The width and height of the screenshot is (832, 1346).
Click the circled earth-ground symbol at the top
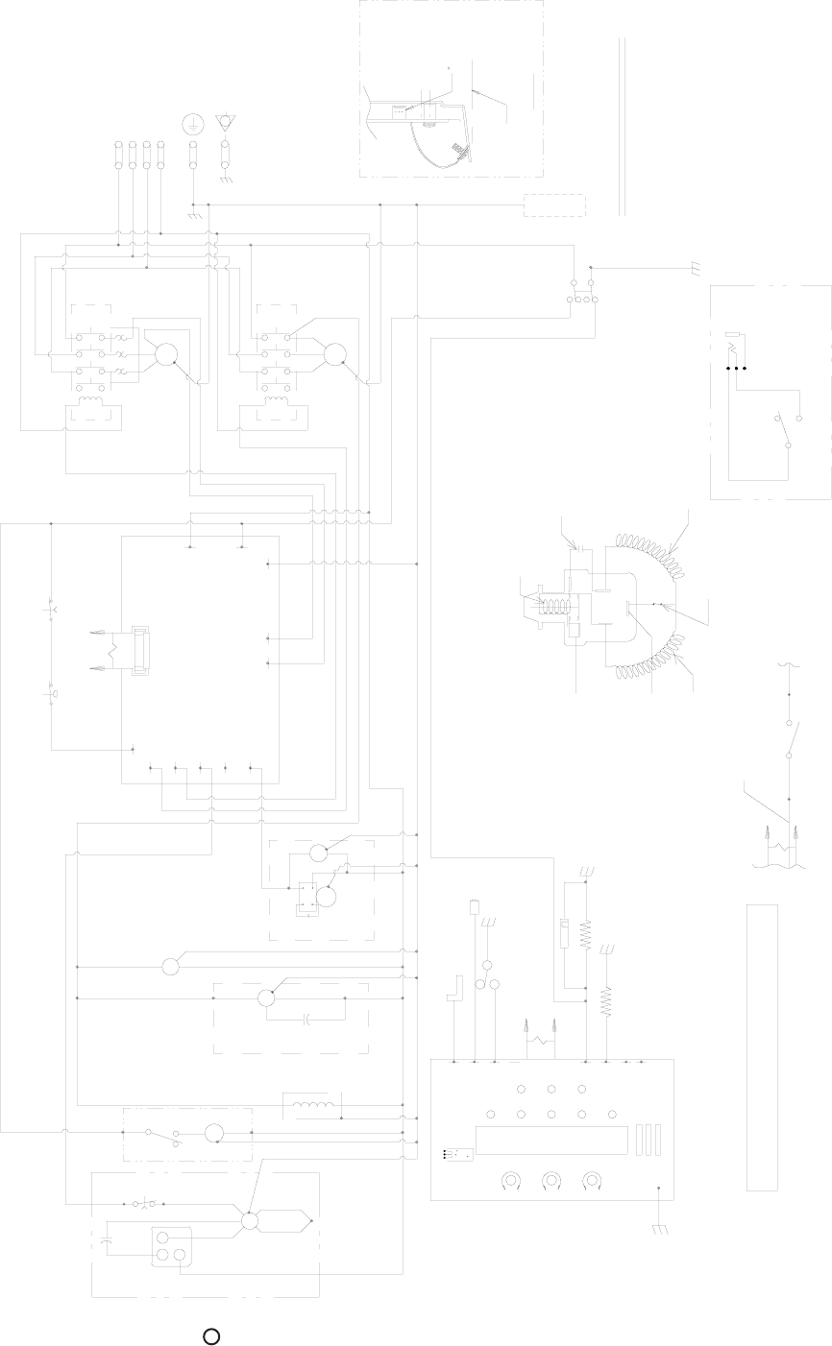click(193, 123)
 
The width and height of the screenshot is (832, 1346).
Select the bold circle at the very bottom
click(211, 1336)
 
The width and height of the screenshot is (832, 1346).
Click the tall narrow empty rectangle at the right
click(762, 1046)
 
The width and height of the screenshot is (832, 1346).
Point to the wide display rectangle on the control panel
click(552, 1140)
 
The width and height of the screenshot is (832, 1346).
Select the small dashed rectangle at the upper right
click(554, 205)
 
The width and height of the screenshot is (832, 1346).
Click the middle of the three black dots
click(737, 368)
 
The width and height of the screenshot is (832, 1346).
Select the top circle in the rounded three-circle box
click(164, 1237)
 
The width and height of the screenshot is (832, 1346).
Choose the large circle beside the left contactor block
click(168, 354)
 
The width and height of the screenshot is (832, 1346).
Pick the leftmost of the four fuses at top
click(118, 155)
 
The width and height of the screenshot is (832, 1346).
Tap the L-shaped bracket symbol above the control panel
click(456, 990)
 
